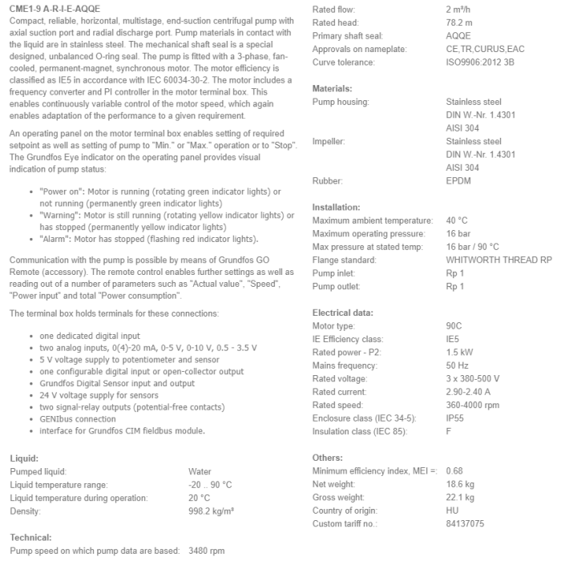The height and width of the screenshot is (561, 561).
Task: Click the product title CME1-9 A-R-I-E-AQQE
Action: (55, 8)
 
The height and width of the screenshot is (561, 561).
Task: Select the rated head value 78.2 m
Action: (459, 22)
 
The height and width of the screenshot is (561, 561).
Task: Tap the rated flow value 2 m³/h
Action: (459, 9)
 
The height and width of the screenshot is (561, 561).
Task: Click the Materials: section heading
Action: (332, 88)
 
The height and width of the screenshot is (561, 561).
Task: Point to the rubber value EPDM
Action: (459, 181)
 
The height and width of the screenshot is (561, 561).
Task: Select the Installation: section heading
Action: (336, 207)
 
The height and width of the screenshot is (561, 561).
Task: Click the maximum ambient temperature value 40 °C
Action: (457, 220)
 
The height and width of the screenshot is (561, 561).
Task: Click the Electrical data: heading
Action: (342, 313)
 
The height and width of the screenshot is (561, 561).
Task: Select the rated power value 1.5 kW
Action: (458, 353)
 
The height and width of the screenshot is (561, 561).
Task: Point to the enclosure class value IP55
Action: (454, 418)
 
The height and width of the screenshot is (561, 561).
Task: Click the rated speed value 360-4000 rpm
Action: (473, 405)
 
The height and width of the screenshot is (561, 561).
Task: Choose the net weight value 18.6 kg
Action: (460, 484)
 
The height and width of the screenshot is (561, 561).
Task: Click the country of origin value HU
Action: (452, 511)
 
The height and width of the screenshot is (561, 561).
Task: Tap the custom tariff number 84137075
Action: (465, 523)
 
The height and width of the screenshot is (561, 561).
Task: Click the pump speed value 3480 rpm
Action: (206, 551)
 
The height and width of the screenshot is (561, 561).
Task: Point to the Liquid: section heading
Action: (23, 458)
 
